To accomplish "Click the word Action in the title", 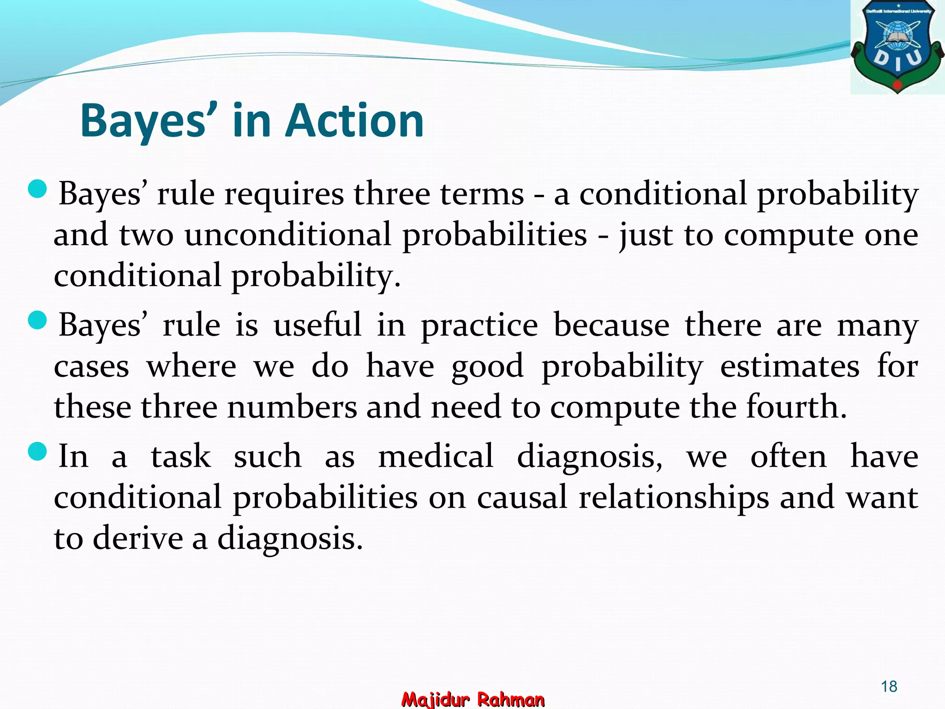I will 354,120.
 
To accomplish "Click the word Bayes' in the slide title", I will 143,120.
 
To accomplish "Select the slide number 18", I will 889,686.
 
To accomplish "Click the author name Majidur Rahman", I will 473,699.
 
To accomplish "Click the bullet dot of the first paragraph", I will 37,190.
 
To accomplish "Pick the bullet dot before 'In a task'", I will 37,452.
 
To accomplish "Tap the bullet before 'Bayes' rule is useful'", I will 37,321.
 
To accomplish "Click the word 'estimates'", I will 789,367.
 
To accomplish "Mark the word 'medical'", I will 436,456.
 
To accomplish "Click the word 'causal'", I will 522,497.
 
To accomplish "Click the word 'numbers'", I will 292,408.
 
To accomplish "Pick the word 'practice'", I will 479,326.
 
